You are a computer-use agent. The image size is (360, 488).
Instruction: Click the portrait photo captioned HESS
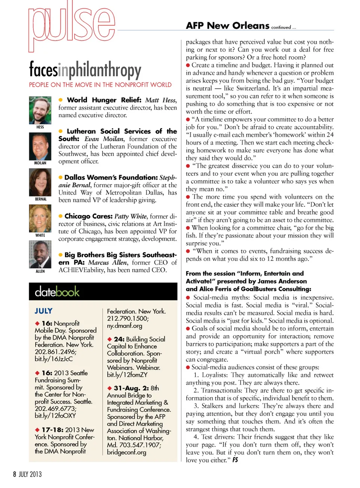pos(40,110)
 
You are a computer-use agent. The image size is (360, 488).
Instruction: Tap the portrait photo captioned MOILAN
pos(40,146)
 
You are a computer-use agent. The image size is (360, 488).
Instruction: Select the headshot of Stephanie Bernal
pos(40,182)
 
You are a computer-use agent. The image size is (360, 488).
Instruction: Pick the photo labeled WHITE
pos(40,219)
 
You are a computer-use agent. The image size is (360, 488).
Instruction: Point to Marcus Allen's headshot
pos(40,255)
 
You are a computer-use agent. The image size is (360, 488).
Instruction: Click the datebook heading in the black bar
pos(57,292)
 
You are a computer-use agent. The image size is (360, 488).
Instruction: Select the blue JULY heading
pos(43,311)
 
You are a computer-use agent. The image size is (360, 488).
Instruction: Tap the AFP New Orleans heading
pos(228,26)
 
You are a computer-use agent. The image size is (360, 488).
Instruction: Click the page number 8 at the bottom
pos(15,474)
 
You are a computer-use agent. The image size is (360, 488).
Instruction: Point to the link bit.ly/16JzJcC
pos(54,359)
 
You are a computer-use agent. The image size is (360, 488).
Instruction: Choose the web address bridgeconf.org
pos(126,452)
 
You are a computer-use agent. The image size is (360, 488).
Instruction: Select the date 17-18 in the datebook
pos(52,430)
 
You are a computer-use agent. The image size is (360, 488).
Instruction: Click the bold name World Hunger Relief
pos(104,100)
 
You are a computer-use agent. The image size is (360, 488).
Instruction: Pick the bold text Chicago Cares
pos(88,216)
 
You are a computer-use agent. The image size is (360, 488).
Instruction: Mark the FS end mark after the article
pos(235,460)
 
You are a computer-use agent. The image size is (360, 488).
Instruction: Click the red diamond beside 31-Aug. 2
pos(109,388)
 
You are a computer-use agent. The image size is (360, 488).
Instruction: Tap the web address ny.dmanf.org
pos(124,326)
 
